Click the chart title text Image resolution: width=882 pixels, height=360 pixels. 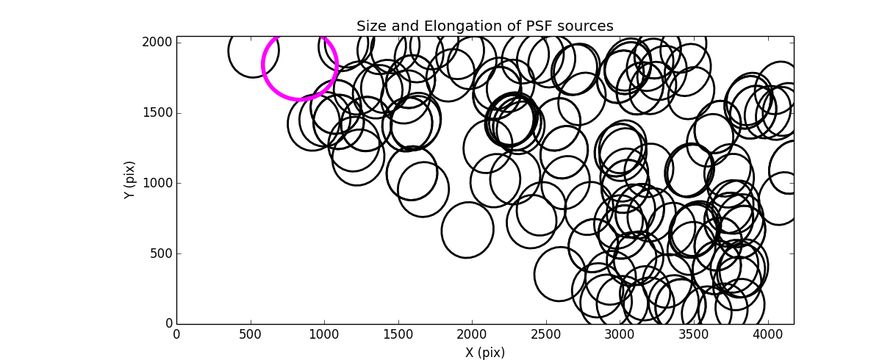pyautogui.click(x=484, y=26)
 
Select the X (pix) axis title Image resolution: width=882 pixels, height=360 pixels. pyautogui.click(x=484, y=353)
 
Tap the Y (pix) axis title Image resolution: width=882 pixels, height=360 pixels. pyautogui.click(x=130, y=180)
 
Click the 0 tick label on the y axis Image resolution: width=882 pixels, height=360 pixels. pyautogui.click(x=168, y=324)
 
